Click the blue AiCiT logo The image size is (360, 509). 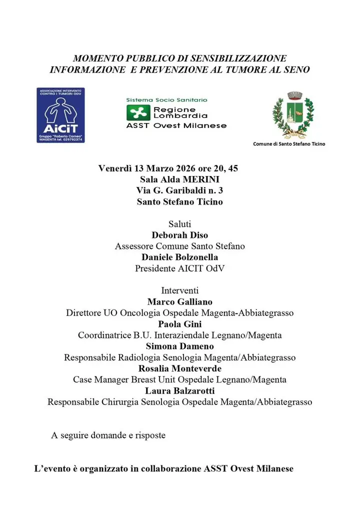60,115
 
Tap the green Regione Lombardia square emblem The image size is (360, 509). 138,113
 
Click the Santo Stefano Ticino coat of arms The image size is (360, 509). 293,115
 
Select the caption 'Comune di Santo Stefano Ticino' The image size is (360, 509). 289,144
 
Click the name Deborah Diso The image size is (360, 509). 179,235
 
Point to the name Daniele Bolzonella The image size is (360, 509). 179,257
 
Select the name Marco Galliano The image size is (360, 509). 179,301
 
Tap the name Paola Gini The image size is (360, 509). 179,323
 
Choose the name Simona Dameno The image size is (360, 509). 179,346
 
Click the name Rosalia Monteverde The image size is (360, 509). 179,368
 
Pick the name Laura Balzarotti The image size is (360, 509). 179,390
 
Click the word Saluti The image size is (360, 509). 179,224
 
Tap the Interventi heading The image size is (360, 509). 179,290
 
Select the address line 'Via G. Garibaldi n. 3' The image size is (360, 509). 179,190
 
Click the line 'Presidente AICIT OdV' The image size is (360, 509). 179,268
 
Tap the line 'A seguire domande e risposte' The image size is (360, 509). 108,435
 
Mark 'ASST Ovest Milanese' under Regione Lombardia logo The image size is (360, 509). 176,125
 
